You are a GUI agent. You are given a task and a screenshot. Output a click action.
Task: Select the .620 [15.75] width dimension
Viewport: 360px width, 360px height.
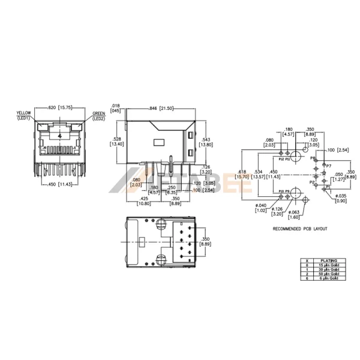59,107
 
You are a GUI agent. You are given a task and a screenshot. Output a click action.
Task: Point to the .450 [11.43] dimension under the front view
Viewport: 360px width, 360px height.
60,184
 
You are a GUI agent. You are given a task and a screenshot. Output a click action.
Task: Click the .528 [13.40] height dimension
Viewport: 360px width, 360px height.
117,142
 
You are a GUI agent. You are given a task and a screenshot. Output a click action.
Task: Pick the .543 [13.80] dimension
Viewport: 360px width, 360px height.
205,142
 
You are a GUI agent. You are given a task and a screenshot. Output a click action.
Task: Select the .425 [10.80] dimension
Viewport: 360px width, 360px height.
144,200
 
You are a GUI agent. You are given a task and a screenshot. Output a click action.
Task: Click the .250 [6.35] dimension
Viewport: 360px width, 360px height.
172,190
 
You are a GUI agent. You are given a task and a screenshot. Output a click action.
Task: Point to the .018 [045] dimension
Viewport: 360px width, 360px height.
116,108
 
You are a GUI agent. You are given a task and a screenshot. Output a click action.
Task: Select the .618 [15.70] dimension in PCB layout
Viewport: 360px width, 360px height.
242,174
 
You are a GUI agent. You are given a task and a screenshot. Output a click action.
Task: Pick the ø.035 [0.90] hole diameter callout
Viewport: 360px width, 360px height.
340,198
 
